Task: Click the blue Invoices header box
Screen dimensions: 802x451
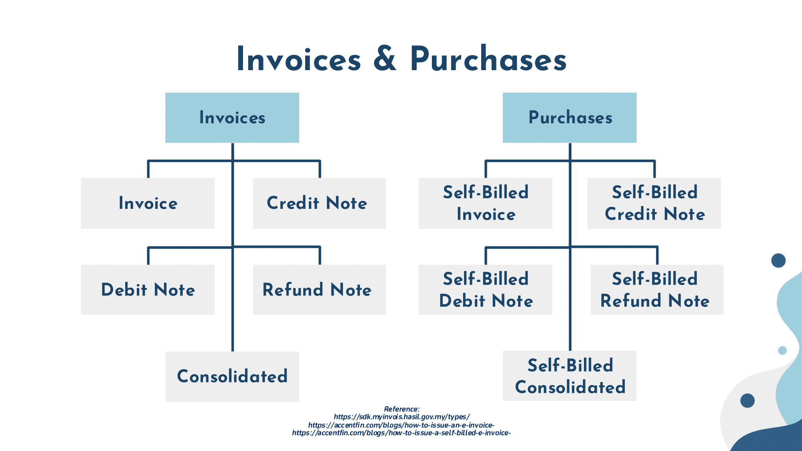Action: pyautogui.click(x=232, y=117)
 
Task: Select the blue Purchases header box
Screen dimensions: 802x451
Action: pyautogui.click(x=569, y=117)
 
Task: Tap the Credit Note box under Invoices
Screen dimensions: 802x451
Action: pyautogui.click(x=319, y=203)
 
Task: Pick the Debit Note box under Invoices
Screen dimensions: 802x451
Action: pyautogui.click(x=148, y=289)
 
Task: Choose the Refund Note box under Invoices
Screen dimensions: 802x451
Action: pyautogui.click(x=319, y=289)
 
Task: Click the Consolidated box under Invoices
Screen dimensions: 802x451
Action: pyautogui.click(x=232, y=376)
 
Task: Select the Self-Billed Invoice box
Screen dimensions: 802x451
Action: pyautogui.click(x=485, y=203)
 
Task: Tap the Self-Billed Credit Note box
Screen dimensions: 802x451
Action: pyautogui.click(x=654, y=203)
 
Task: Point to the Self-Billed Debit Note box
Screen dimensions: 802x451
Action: pyautogui.click(x=485, y=289)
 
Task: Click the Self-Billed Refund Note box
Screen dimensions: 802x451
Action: pyautogui.click(x=657, y=289)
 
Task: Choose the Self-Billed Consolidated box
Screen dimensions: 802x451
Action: pyautogui.click(x=569, y=376)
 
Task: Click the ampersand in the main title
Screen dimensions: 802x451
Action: pyautogui.click(x=385, y=59)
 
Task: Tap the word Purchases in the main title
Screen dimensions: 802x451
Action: pyautogui.click(x=488, y=59)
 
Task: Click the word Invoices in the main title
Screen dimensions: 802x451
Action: pyautogui.click(x=299, y=59)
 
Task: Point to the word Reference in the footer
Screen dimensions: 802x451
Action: pyautogui.click(x=401, y=409)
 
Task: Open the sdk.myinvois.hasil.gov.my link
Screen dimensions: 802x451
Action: pyautogui.click(x=401, y=417)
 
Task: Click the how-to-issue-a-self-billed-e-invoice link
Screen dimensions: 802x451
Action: pyautogui.click(x=401, y=433)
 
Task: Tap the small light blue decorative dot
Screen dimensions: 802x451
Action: pyautogui.click(x=782, y=350)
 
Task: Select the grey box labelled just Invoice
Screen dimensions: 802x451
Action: pyautogui.click(x=148, y=203)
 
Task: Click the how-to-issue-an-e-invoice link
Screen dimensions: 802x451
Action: pyautogui.click(x=401, y=425)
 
